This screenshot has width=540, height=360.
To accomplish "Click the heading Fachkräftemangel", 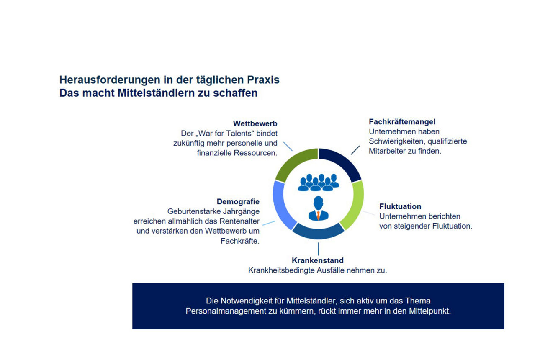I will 402,122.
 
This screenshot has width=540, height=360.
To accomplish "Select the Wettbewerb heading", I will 255,124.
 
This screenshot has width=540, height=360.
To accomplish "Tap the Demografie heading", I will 238,202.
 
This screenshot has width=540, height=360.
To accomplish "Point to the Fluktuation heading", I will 400,206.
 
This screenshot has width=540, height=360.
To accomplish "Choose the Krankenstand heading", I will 317,260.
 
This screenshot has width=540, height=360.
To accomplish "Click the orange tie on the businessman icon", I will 319,215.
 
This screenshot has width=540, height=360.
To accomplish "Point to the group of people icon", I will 318,183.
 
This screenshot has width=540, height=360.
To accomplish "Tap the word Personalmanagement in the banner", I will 227,311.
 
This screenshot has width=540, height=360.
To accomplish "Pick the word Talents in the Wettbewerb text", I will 233,133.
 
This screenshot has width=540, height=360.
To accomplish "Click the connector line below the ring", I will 318,249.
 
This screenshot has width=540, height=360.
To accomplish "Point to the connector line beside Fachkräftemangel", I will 355,150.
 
